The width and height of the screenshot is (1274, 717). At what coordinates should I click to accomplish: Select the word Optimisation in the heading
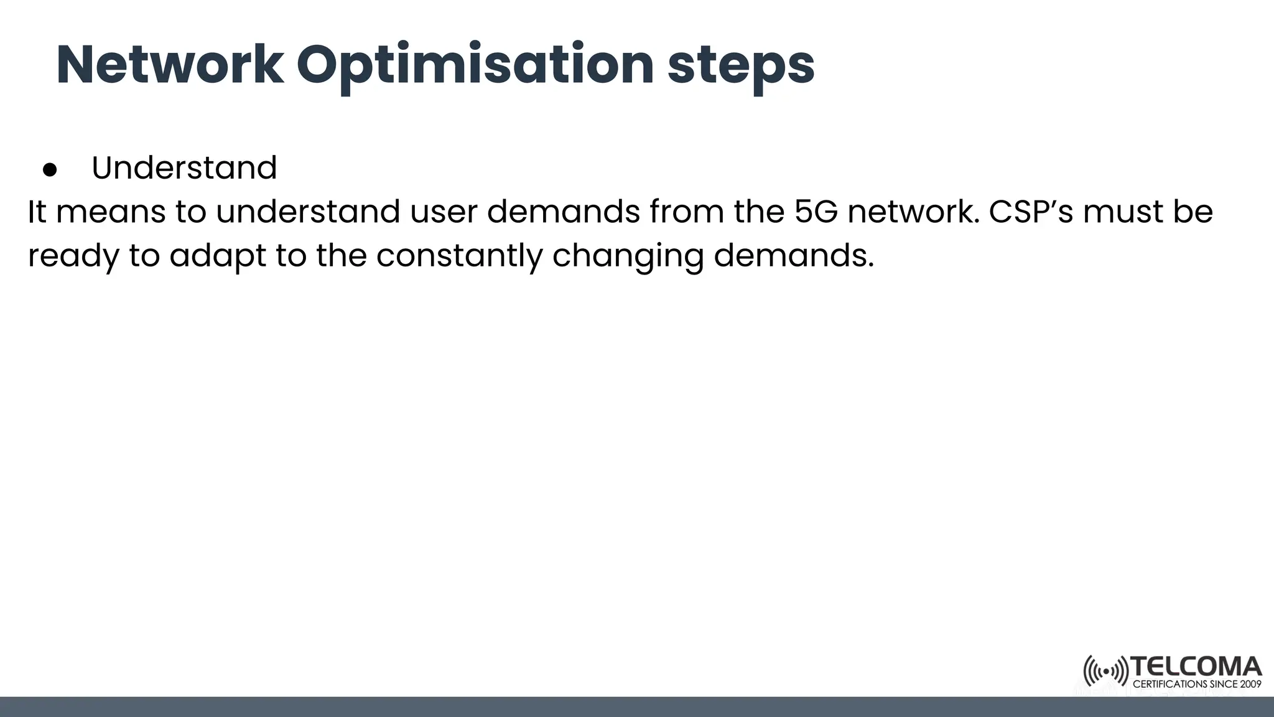click(475, 66)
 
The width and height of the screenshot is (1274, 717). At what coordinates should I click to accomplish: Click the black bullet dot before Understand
click(50, 169)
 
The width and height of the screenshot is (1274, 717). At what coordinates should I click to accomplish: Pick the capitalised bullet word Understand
click(184, 168)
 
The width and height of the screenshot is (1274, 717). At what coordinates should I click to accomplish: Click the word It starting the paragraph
click(36, 212)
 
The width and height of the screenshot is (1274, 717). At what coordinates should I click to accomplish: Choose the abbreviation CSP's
click(1031, 212)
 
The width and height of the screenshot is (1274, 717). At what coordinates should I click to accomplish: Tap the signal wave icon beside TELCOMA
click(1105, 672)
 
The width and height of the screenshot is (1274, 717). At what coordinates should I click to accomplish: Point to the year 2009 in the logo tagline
click(1251, 684)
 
